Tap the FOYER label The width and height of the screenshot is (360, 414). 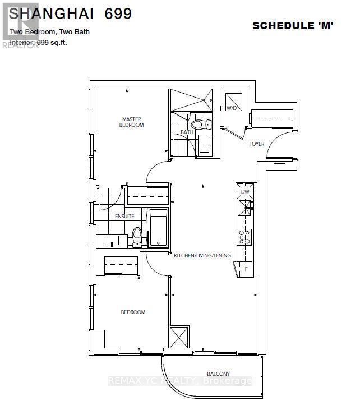tap(256, 144)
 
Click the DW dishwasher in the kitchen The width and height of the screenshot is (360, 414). tap(244, 192)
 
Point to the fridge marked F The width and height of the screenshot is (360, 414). tap(244, 269)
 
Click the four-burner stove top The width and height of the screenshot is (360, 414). tap(244, 237)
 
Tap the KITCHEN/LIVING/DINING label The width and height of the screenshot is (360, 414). tap(202, 256)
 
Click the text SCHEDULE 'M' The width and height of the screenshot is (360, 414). tap(293, 25)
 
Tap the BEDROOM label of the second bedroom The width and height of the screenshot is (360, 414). tap(133, 312)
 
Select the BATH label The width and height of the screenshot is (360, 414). tap(186, 132)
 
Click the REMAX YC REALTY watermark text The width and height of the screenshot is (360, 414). tap(179, 381)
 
